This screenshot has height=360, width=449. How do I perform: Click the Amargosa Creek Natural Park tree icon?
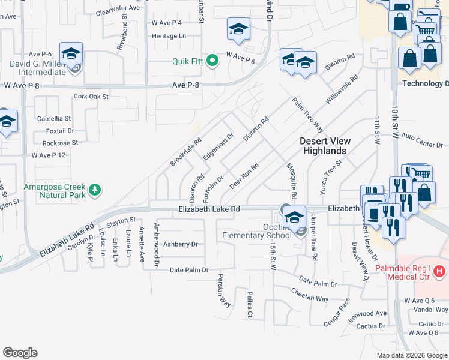pyautogui.click(x=94, y=190)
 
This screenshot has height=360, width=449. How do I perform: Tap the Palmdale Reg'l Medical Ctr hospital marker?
pyautogui.click(x=440, y=272)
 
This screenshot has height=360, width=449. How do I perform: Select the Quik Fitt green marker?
pyautogui.click(x=212, y=60)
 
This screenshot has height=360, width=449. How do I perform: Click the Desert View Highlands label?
pyautogui.click(x=324, y=146)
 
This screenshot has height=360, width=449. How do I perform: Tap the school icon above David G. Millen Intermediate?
pyautogui.click(x=71, y=54)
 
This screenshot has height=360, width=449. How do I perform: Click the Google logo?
pyautogui.click(x=20, y=353)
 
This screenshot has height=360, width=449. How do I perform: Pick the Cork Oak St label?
pyautogui.click(x=91, y=96)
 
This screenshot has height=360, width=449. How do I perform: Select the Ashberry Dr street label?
pyautogui.click(x=180, y=244)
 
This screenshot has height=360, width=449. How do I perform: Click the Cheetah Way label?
pyautogui.click(x=310, y=298)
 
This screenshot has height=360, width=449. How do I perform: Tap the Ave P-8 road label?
pyautogui.click(x=185, y=85)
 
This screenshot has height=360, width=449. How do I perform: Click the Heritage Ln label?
pyautogui.click(x=169, y=36)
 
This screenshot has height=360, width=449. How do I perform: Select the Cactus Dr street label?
pyautogui.click(x=370, y=326)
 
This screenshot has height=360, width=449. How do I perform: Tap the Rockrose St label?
pyautogui.click(x=60, y=143)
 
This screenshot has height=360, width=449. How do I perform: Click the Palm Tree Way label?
pyautogui.click(x=308, y=116)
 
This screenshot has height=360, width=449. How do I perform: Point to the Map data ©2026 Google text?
pyautogui.click(x=411, y=355)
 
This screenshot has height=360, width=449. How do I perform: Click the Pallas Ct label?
pyautogui.click(x=250, y=304)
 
